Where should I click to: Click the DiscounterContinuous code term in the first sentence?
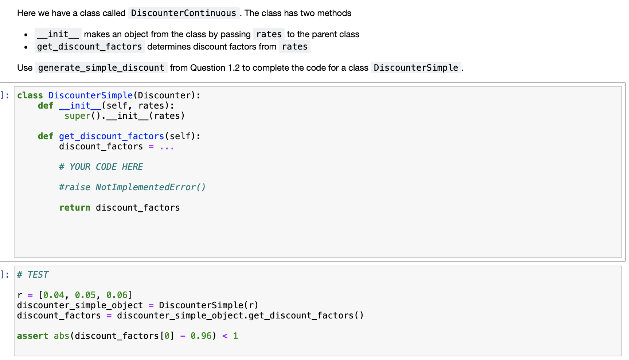coord(184,13)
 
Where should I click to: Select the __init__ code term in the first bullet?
coord(58,34)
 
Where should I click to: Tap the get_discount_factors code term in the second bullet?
coord(90,47)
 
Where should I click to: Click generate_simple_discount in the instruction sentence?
coord(101,68)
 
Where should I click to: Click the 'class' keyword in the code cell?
coord(30,95)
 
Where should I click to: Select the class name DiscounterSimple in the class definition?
coord(90,95)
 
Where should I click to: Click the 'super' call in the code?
coord(77,116)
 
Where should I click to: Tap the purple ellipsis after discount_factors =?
coord(167,147)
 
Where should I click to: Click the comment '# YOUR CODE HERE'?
coord(101,167)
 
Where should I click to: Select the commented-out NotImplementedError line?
coord(132,187)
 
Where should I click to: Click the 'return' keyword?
coord(75,208)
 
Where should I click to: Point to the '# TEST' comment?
coord(33,275)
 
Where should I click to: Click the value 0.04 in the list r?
coord(54,295)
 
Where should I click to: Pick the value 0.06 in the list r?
coord(117,295)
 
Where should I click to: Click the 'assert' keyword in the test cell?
coord(32,336)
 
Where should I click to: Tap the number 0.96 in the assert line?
coord(201,336)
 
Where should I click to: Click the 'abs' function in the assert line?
coord(62,336)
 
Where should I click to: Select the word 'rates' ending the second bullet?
coord(295,47)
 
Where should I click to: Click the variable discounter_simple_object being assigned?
coord(80,305)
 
